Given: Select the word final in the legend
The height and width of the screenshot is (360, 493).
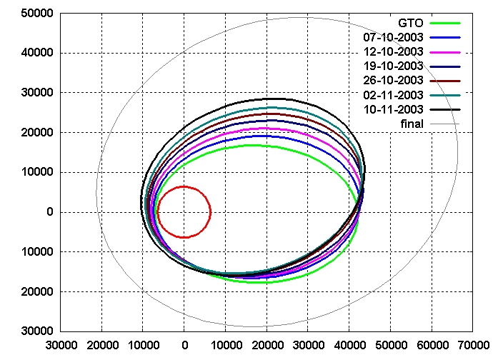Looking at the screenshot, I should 412,124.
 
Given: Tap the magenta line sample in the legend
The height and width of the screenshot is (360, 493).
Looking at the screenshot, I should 445,51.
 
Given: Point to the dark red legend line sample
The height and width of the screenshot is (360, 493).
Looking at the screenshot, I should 445,80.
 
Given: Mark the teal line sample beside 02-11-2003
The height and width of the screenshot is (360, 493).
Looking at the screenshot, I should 445,94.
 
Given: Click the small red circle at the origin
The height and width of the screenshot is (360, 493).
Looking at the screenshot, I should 184,211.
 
